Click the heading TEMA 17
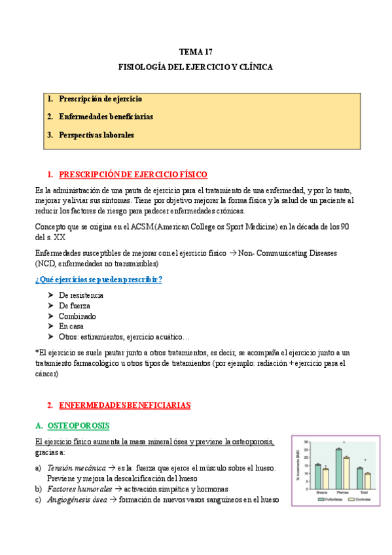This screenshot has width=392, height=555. point(196,51)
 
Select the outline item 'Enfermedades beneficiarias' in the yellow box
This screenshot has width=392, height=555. point(105,116)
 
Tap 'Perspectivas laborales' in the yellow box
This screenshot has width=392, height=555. point(96,135)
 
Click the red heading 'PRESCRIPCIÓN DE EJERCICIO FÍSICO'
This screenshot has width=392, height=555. point(133,174)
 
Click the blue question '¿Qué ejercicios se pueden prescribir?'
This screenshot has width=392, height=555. point(99,279)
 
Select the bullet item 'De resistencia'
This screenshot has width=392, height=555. point(81,295)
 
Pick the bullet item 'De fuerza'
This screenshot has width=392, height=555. point(75,306)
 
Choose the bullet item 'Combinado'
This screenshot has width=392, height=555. point(77,316)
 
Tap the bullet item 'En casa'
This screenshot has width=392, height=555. point(72,326)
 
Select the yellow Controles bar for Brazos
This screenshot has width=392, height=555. point(325,478)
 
